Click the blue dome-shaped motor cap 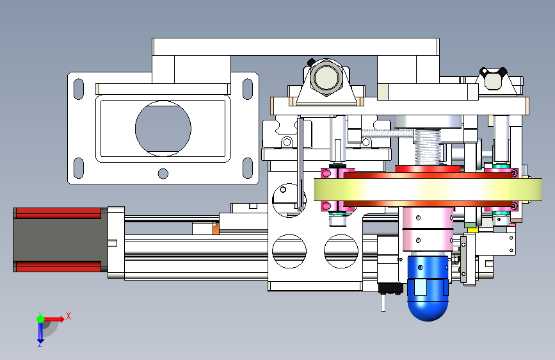(428, 300)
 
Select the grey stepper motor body (60, 240)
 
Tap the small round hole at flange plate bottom (163, 174)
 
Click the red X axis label (68, 316)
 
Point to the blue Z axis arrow (40, 334)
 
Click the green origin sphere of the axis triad (41, 319)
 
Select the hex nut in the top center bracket (326, 78)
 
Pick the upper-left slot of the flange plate (79, 89)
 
